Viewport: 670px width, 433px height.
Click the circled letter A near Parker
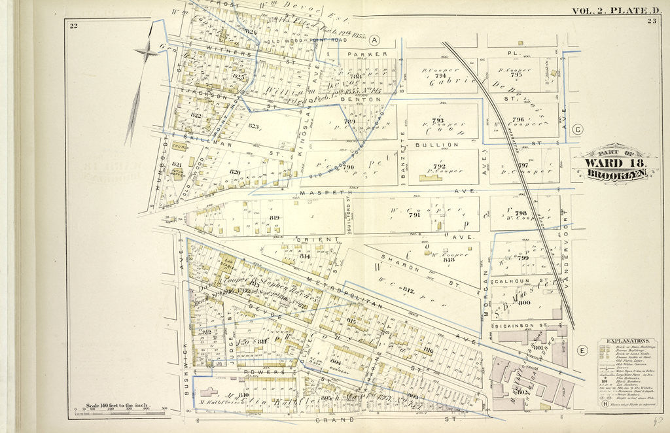click(375, 39)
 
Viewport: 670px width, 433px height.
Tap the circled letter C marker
click(578, 130)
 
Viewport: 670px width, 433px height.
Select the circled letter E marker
click(581, 351)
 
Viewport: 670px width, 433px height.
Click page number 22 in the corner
click(74, 26)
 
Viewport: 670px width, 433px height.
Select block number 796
click(518, 120)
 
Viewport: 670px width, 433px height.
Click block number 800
click(523, 303)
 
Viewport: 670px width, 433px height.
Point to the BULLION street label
click(445, 144)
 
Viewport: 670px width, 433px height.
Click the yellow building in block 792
click(431, 177)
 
